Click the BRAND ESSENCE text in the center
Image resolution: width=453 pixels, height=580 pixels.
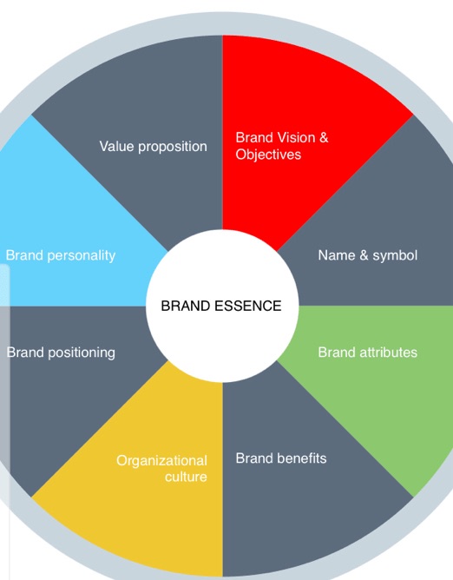(x=221, y=306)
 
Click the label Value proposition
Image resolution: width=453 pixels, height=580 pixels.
(x=154, y=146)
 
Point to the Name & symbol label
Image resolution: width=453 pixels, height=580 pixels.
(x=368, y=255)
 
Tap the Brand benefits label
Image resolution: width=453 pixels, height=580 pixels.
(x=281, y=458)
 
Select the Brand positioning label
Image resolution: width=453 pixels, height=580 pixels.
(x=61, y=353)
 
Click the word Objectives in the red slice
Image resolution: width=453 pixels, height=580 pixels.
(x=268, y=155)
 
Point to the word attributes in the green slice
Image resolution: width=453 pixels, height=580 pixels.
(x=388, y=353)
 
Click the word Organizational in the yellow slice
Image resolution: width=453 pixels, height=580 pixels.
(x=162, y=460)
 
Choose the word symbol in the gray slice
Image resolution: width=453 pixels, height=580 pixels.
(x=395, y=255)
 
